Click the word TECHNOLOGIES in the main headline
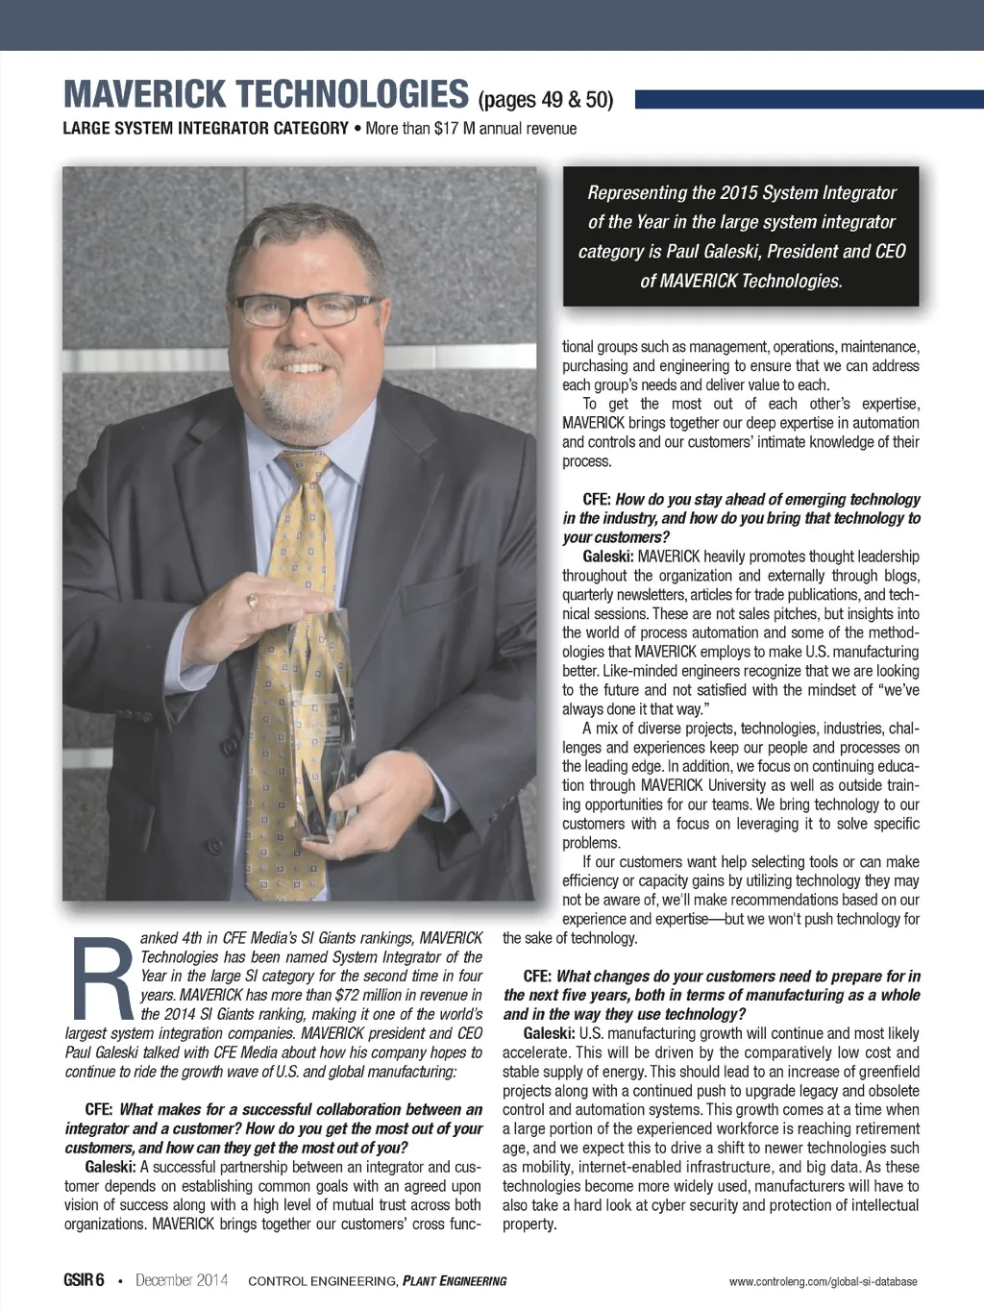[x=352, y=95]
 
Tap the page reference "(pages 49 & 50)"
[x=545, y=99]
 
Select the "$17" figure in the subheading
[x=447, y=129]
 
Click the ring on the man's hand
[x=253, y=601]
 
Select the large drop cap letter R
[x=101, y=977]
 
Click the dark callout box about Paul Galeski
[x=741, y=236]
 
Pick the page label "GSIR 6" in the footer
[x=84, y=1280]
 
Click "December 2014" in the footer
[x=182, y=1280]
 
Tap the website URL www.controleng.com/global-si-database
[x=823, y=1281]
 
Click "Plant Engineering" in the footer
[x=455, y=1281]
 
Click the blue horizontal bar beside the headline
[x=808, y=99]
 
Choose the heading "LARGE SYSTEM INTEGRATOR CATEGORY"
[x=206, y=129]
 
